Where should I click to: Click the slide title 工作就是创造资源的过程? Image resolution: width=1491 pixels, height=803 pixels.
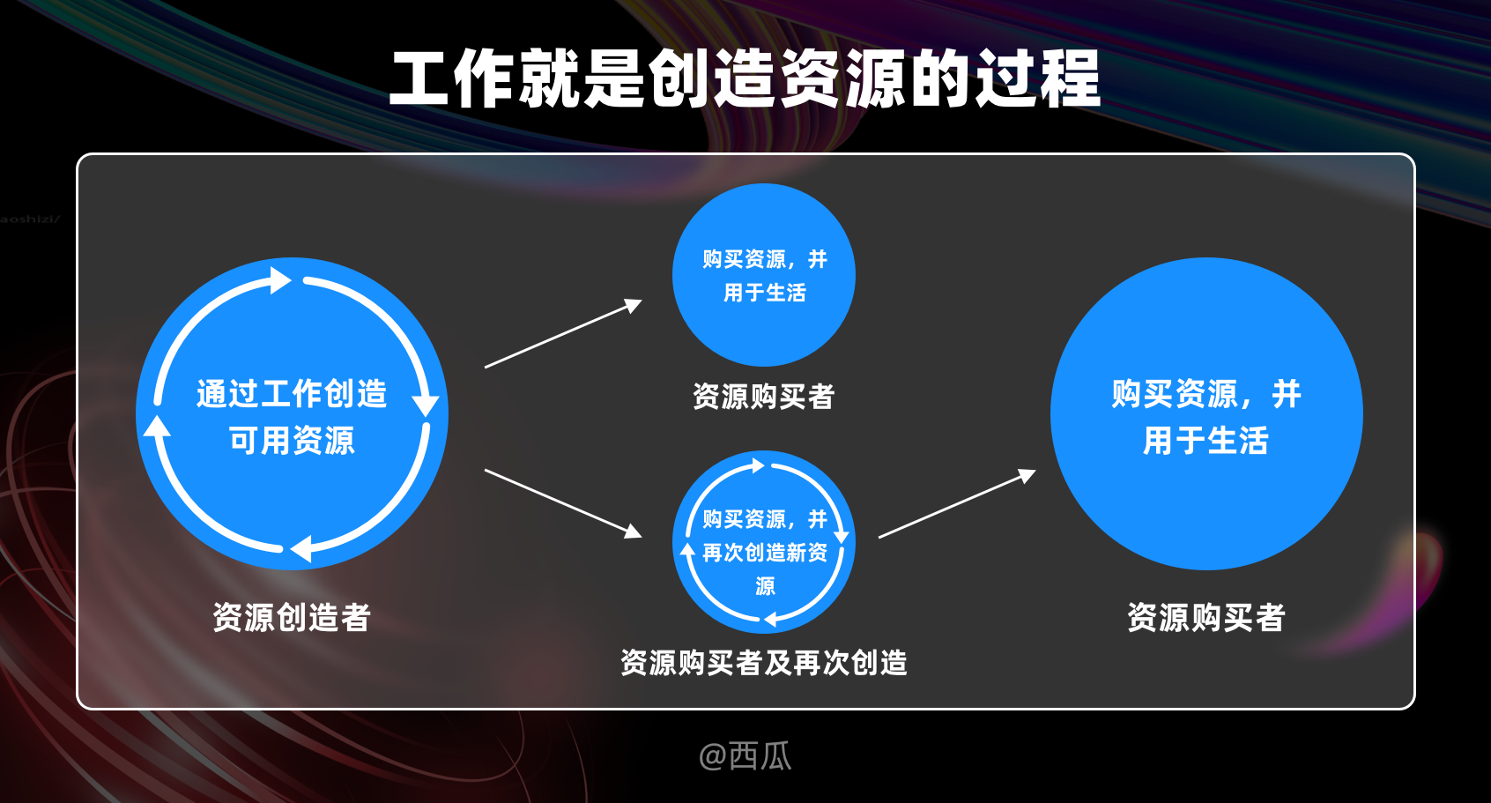click(745, 78)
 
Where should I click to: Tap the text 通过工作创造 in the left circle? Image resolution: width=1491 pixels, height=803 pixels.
click(292, 394)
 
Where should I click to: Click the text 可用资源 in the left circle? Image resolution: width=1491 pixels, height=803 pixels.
click(292, 440)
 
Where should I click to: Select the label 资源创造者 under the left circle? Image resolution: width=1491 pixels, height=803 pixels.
click(292, 617)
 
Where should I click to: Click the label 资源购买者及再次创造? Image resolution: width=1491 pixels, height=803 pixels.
click(763, 663)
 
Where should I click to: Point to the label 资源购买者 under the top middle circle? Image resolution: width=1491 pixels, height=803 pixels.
click(763, 397)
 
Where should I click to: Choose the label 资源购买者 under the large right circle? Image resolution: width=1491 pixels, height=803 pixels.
click(1205, 617)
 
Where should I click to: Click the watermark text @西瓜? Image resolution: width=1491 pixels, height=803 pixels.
click(745, 756)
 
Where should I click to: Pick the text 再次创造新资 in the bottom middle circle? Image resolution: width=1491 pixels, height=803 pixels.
click(765, 553)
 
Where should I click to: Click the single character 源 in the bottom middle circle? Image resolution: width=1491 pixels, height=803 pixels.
click(765, 586)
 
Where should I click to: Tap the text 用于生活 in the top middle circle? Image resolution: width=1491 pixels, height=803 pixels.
click(764, 293)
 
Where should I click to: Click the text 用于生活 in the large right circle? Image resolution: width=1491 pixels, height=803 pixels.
click(1205, 440)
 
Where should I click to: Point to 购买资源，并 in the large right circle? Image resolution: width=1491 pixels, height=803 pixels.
click(1205, 394)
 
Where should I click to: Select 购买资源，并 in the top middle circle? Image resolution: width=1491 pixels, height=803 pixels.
click(764, 259)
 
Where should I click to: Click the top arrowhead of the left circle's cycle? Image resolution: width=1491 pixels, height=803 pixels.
click(281, 280)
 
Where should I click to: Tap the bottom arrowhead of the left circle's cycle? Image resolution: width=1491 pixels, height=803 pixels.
click(301, 548)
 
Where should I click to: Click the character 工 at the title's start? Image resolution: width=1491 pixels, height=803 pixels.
click(420, 78)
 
